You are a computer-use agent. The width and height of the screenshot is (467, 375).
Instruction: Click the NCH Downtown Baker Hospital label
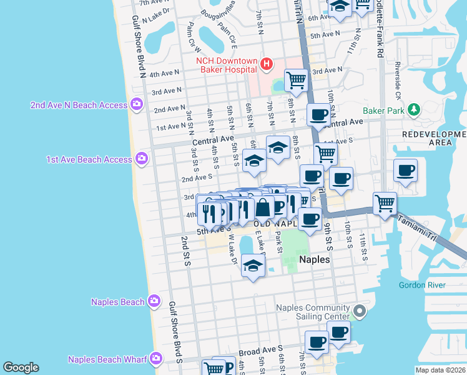tap(226, 64)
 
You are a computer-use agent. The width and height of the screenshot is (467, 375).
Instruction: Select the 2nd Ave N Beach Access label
tap(79, 105)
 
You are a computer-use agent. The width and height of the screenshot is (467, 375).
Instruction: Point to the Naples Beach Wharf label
tap(107, 359)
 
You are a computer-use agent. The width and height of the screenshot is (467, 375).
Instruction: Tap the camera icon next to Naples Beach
tap(154, 302)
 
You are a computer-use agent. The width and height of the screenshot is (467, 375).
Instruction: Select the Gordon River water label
tap(423, 286)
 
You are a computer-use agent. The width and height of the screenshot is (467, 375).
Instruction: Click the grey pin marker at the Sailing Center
tap(359, 311)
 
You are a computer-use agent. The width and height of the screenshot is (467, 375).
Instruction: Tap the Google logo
tap(21, 367)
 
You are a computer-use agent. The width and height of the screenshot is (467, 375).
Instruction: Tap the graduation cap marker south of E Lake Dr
tap(253, 266)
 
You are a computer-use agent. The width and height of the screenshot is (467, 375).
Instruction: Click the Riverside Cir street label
tap(396, 81)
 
